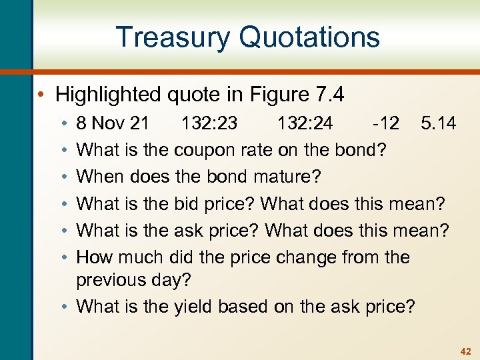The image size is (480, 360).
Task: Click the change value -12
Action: coord(386,123)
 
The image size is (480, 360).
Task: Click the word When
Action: coord(101,177)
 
